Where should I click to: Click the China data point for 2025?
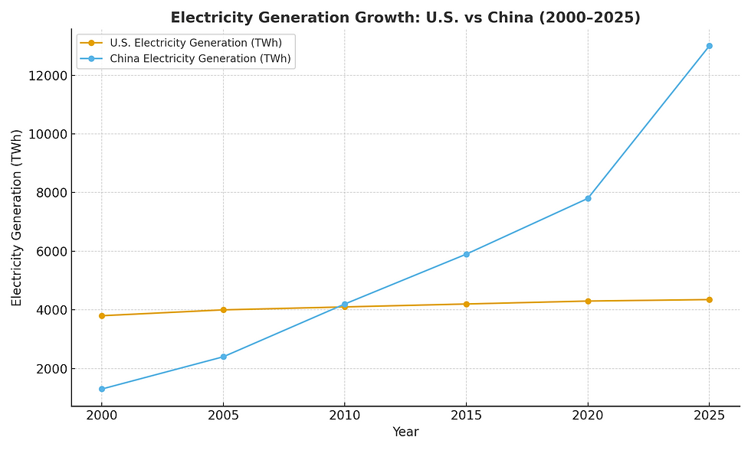pyautogui.click(x=709, y=46)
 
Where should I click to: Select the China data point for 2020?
pyautogui.click(x=588, y=198)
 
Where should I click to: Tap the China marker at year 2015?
pyautogui.click(x=466, y=254)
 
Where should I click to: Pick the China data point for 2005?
pyautogui.click(x=223, y=357)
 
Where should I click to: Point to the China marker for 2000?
pyautogui.click(x=101, y=389)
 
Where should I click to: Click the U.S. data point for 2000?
pyautogui.click(x=101, y=315)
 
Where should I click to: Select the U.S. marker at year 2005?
pyautogui.click(x=223, y=310)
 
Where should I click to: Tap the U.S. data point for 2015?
pyautogui.click(x=466, y=304)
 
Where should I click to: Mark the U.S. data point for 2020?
pyautogui.click(x=588, y=301)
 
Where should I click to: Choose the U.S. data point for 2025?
pyautogui.click(x=709, y=299)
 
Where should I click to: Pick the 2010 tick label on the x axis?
pyautogui.click(x=344, y=416)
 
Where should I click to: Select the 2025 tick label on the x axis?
pyautogui.click(x=709, y=416)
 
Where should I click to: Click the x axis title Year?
pyautogui.click(x=405, y=432)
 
